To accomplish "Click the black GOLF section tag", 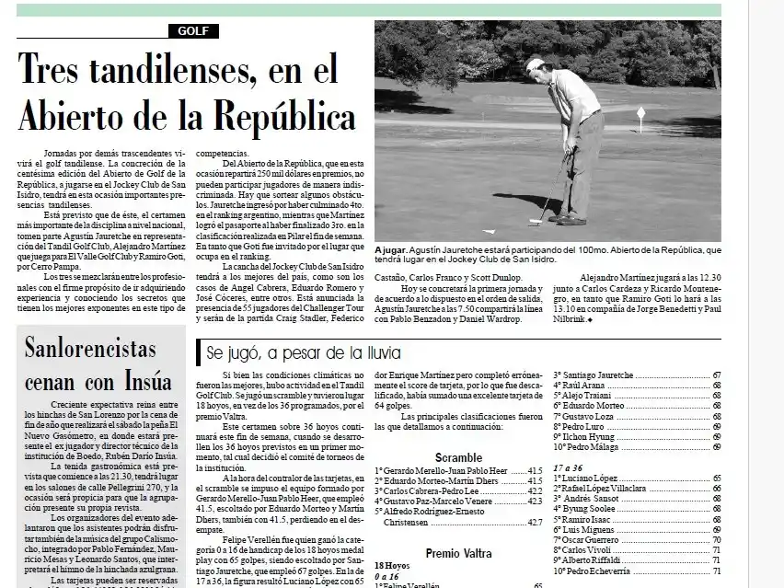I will coord(193,31).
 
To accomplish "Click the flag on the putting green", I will coord(640,113).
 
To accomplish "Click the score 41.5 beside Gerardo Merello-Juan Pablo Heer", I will coord(533,469).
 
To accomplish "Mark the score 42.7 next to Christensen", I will coord(533,522).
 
